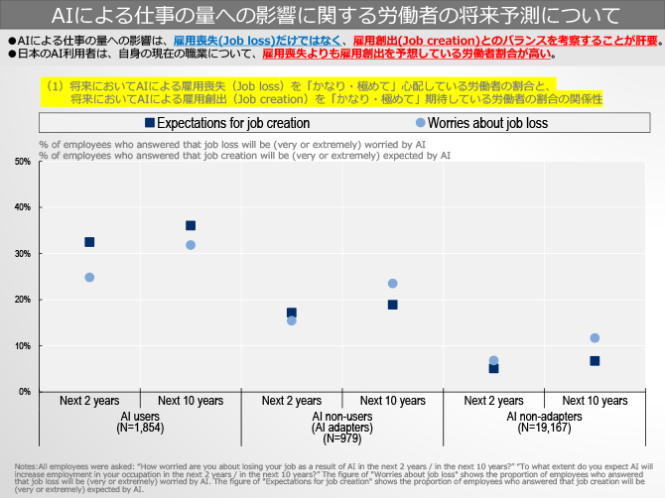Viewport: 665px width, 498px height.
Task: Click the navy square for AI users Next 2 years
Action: point(89,242)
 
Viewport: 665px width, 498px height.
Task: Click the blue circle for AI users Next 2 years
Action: point(89,278)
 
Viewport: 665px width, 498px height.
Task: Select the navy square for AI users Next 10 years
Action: point(191,225)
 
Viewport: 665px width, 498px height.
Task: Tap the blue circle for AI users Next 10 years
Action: point(191,245)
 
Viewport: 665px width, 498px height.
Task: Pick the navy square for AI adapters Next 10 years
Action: point(393,305)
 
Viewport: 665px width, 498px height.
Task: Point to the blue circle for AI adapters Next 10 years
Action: point(393,284)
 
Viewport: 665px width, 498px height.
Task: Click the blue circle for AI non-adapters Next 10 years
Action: point(595,338)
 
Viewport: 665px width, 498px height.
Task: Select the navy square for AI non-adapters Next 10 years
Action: point(595,361)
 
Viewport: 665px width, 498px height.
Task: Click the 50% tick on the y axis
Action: point(24,162)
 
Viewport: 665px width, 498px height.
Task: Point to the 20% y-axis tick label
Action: point(24,300)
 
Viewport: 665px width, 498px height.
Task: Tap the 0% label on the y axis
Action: point(26,392)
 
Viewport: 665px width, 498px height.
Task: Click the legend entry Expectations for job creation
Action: point(226,123)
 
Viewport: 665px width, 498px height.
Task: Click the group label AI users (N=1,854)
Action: point(140,423)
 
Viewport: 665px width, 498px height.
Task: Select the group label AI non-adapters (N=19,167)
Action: point(544,423)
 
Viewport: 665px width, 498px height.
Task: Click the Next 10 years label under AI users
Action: point(191,401)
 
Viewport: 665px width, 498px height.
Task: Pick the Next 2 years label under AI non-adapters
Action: point(493,401)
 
